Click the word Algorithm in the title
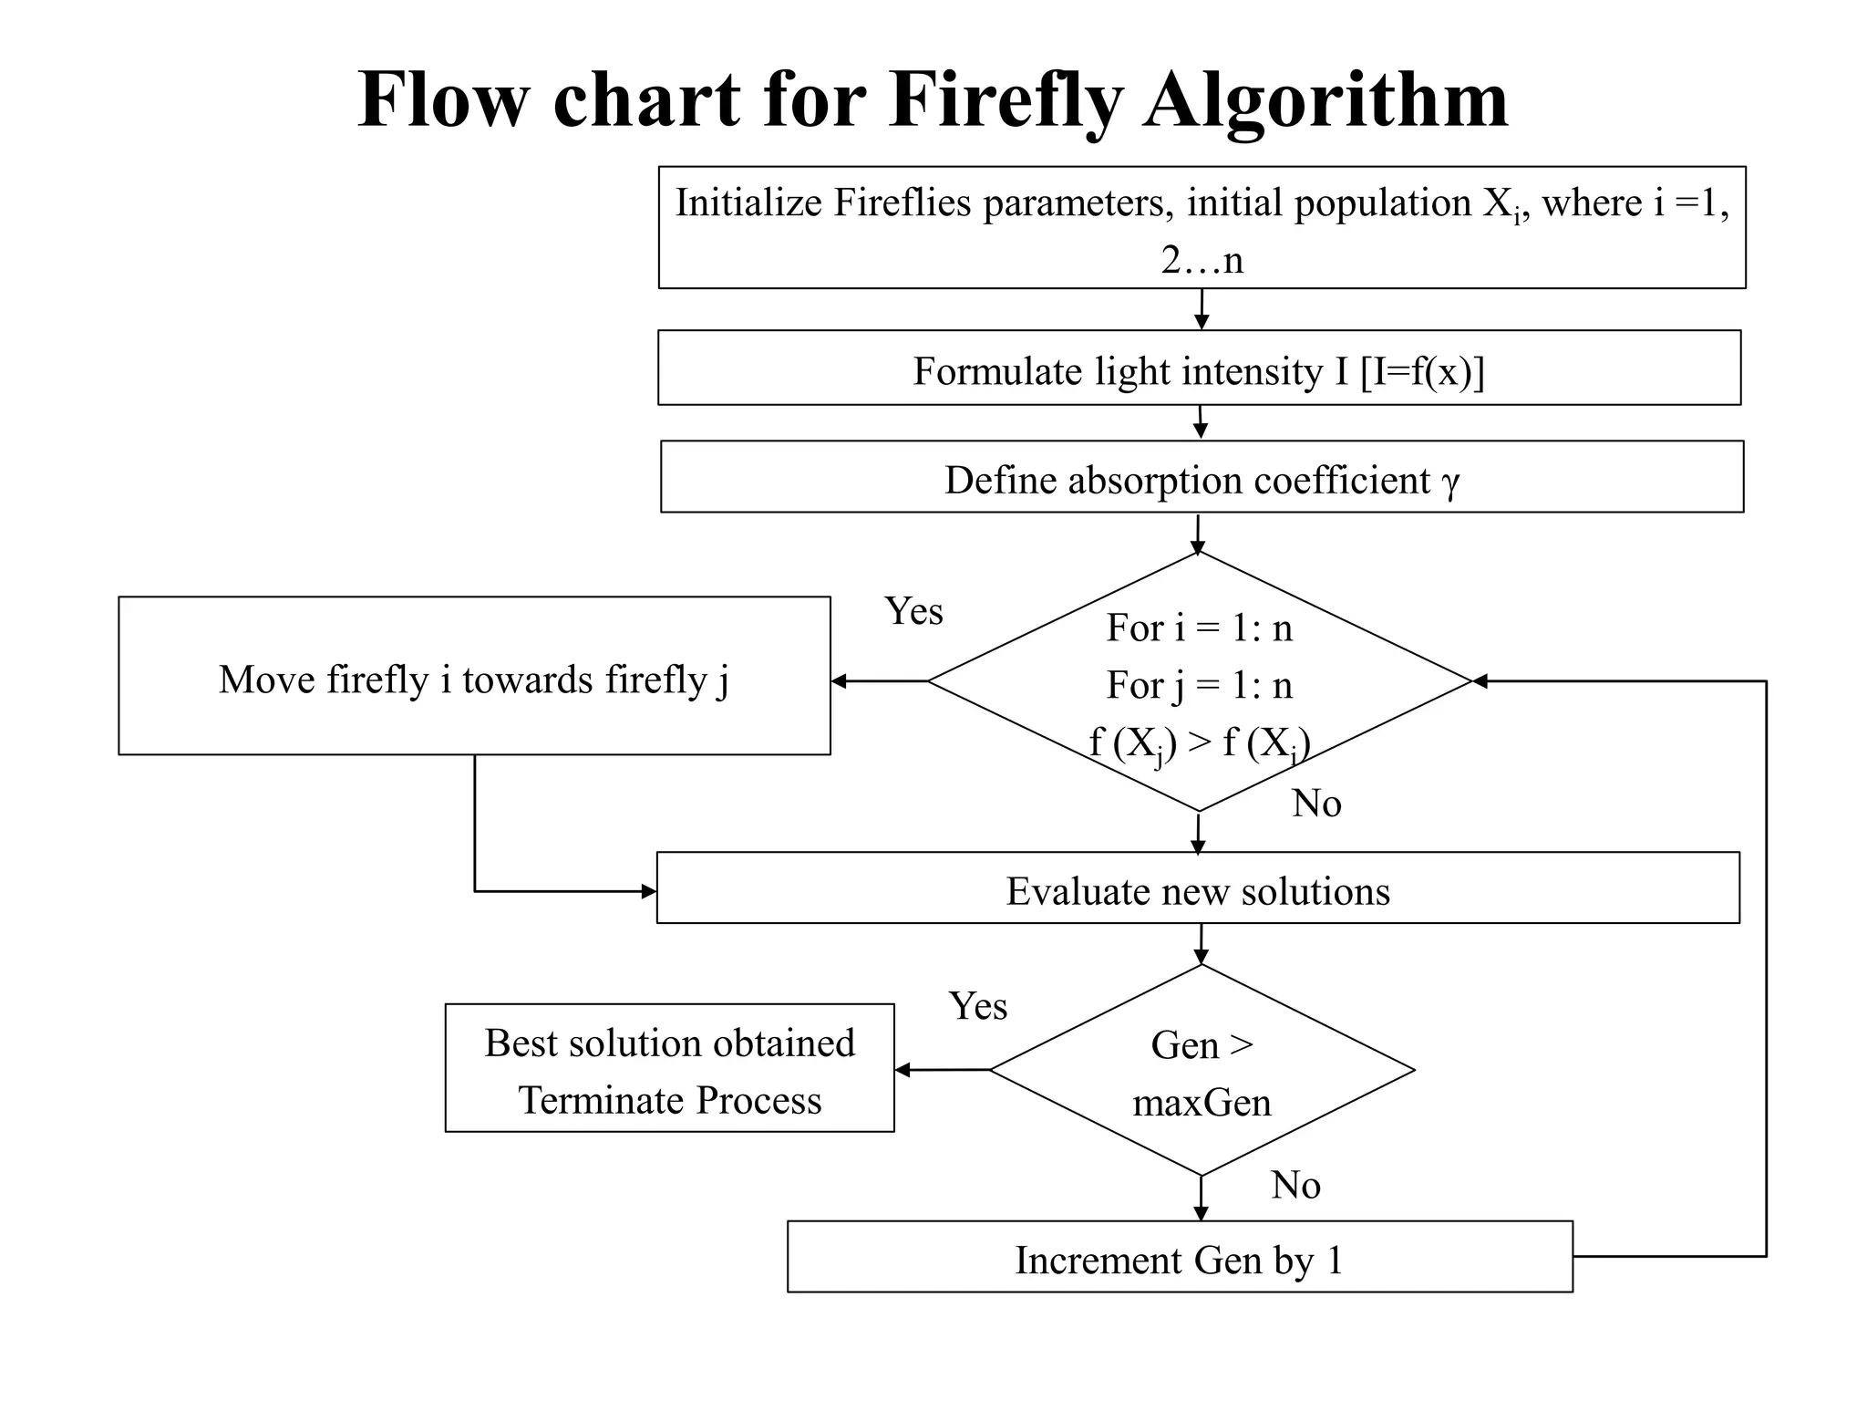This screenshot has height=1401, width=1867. tap(1326, 100)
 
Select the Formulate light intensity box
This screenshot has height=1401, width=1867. tap(1199, 368)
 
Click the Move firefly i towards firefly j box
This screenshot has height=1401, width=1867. tap(474, 677)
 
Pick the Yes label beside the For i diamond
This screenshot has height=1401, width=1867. tap(913, 611)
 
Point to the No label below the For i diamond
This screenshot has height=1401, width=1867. tap(1316, 804)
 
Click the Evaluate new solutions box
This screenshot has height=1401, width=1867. tap(1198, 889)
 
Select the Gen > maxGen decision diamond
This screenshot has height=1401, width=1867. tap(1202, 1071)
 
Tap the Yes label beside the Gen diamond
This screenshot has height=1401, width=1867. tap(977, 1006)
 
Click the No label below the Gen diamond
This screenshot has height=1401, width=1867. tap(1295, 1186)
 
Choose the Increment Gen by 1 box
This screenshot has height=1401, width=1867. tap(1179, 1258)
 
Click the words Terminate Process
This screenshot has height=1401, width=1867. tap(670, 1100)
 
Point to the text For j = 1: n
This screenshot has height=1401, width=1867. tap(1199, 685)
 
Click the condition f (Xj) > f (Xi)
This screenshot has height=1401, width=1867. tap(1199, 743)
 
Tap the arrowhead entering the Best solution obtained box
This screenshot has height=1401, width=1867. tap(903, 1070)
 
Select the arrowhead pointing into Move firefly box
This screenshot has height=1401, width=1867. tap(839, 680)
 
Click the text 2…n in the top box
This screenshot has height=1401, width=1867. tap(1202, 261)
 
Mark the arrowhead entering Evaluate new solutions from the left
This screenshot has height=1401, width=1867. tap(649, 891)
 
